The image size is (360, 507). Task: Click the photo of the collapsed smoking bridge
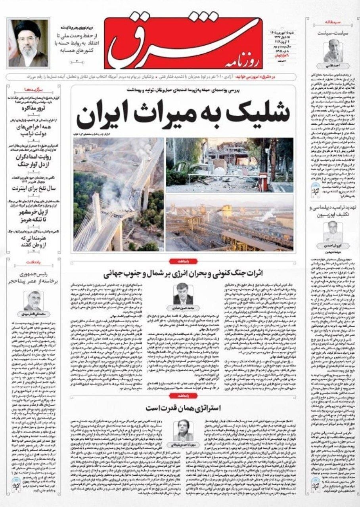pyautogui.click(x=118, y=194)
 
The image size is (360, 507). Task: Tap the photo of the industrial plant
pyautogui.click(x=230, y=223)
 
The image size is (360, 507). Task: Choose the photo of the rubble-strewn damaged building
pyautogui.click(x=230, y=165)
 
